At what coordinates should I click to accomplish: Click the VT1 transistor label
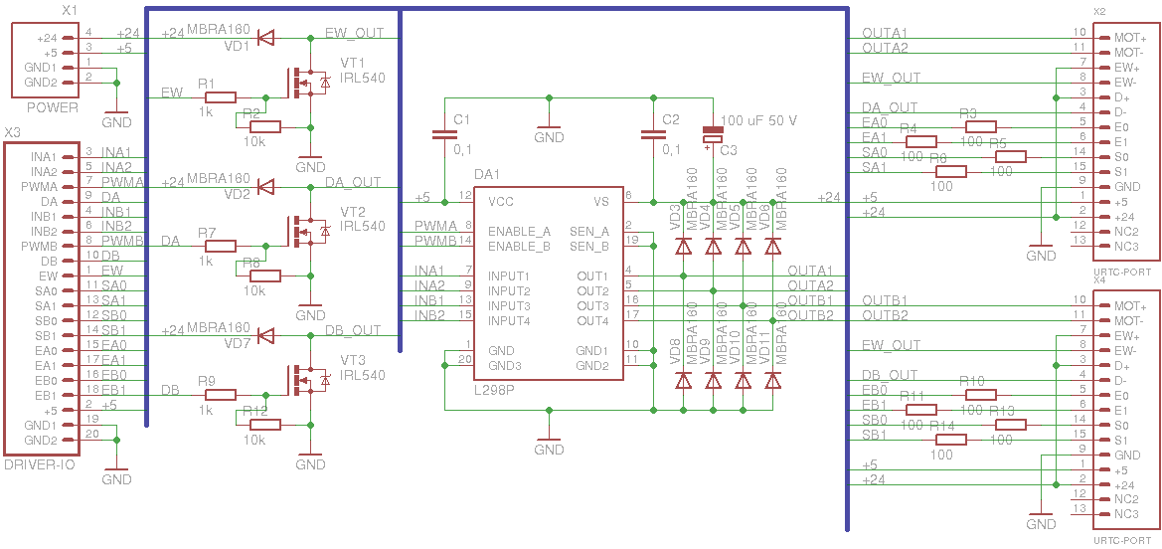point(353,63)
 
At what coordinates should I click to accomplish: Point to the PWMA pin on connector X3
point(45,186)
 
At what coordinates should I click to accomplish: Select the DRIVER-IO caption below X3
point(40,464)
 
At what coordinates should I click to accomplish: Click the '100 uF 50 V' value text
point(758,120)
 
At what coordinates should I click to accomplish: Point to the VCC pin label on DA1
point(502,201)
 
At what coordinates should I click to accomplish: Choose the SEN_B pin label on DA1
point(589,245)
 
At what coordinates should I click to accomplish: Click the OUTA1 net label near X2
point(885,33)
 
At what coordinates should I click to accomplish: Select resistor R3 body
point(980,126)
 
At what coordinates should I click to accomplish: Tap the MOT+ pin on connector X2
point(1129,37)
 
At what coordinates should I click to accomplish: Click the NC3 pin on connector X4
point(1126,513)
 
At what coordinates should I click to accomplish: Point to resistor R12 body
point(265,425)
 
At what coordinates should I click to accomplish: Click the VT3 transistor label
point(353,360)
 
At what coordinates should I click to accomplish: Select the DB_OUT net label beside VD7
point(354,330)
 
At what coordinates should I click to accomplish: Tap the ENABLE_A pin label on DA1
point(519,231)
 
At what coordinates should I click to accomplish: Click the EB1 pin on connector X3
point(43,395)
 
